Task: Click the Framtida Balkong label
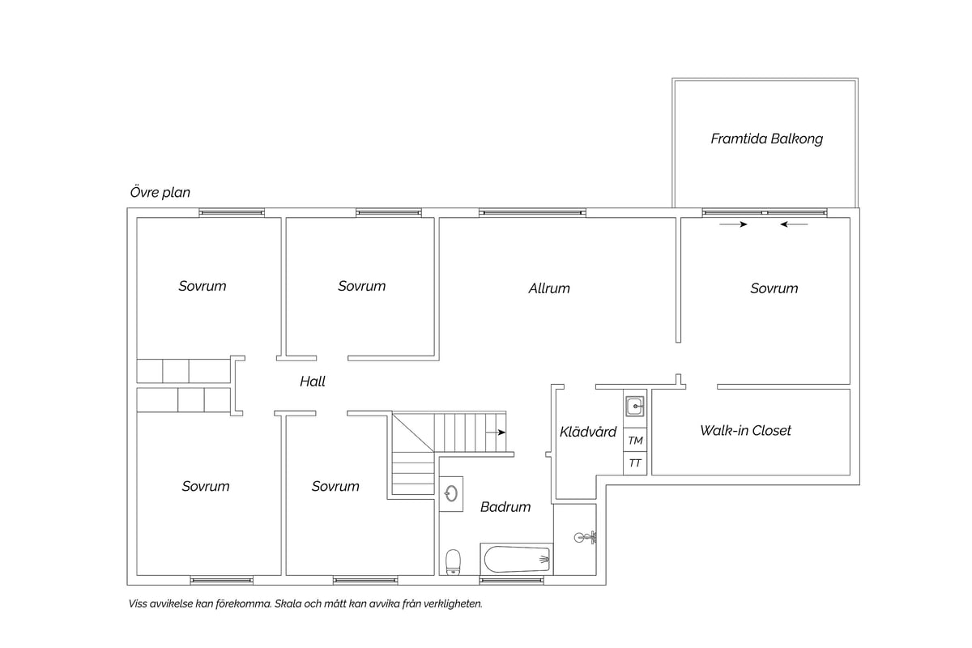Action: tap(766, 139)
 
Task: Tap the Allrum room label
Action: tap(549, 288)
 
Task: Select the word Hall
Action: tap(313, 382)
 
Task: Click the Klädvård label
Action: tap(588, 432)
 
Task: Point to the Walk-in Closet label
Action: tap(745, 430)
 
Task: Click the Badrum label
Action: tap(505, 506)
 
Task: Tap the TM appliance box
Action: tap(635, 441)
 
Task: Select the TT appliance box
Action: tap(635, 463)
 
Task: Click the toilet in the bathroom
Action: tap(453, 562)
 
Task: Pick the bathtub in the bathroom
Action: tap(517, 559)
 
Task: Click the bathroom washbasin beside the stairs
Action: tap(451, 494)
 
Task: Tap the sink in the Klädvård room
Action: tap(635, 407)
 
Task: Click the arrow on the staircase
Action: tap(496, 433)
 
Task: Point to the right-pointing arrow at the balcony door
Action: tap(733, 224)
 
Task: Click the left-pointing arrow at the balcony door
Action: tap(794, 224)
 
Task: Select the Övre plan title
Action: tap(160, 192)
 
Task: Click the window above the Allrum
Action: tap(532, 213)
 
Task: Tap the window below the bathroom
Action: tap(511, 580)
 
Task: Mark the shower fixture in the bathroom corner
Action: tap(586, 537)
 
